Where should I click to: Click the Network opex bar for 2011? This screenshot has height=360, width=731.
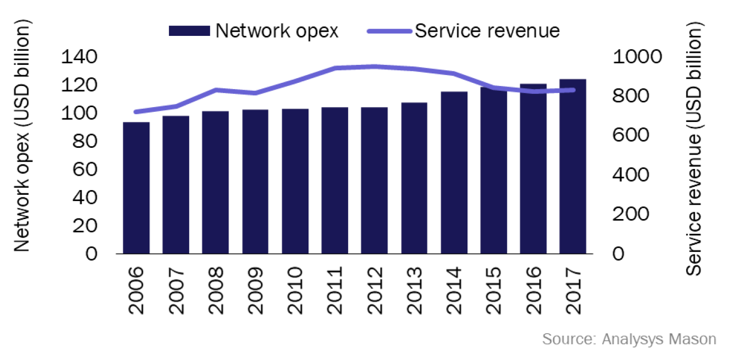coord(335,181)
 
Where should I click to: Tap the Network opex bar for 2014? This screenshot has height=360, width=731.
coord(454,173)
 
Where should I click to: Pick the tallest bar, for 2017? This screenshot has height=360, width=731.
coord(573,166)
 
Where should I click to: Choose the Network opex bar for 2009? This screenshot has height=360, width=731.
coord(256,182)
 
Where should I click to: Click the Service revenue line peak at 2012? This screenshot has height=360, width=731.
coord(374,67)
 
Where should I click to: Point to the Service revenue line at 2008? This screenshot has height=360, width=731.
coord(215,90)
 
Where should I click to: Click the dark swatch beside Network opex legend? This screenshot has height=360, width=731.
coord(189,31)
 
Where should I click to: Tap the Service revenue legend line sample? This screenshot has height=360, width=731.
coord(389,31)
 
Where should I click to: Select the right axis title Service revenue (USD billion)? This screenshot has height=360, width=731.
coord(696,150)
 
